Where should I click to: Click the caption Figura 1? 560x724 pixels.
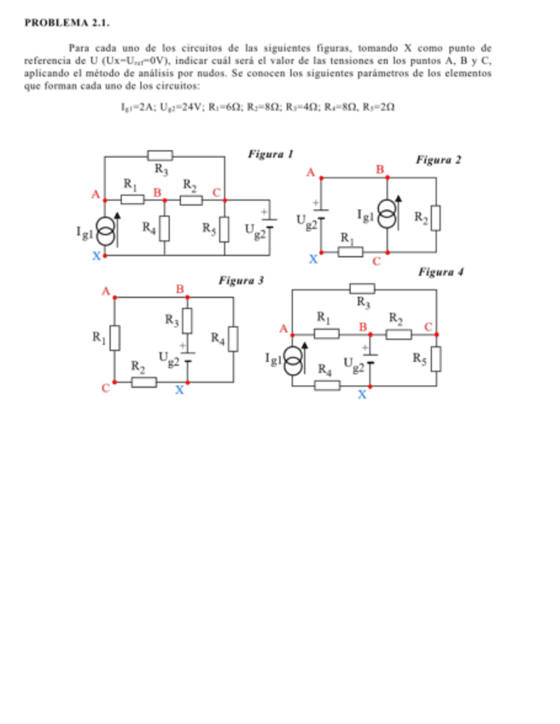point(271,155)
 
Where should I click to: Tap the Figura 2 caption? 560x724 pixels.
point(439,160)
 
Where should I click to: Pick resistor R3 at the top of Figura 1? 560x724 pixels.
point(160,155)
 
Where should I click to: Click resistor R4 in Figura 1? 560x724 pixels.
point(165,228)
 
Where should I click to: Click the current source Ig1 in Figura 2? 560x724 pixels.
point(388,216)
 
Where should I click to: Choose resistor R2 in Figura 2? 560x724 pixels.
point(436,217)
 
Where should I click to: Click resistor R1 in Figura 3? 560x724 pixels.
point(115,338)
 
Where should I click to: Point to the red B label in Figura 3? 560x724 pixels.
point(180,289)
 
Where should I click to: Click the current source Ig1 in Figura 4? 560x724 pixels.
point(293,359)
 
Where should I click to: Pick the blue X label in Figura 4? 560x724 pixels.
point(362,395)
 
